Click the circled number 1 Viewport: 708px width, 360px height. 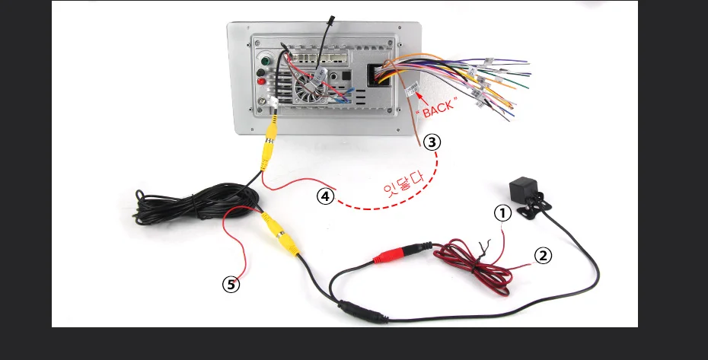(x=502, y=214)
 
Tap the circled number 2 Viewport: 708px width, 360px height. (x=543, y=256)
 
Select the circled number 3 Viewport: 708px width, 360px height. (x=432, y=142)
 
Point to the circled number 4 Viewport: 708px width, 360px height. (x=325, y=196)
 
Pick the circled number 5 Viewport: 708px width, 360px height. (x=231, y=285)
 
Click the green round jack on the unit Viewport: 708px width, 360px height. (x=266, y=61)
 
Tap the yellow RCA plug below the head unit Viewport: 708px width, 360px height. (x=267, y=149)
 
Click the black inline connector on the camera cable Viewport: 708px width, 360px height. (x=356, y=311)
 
